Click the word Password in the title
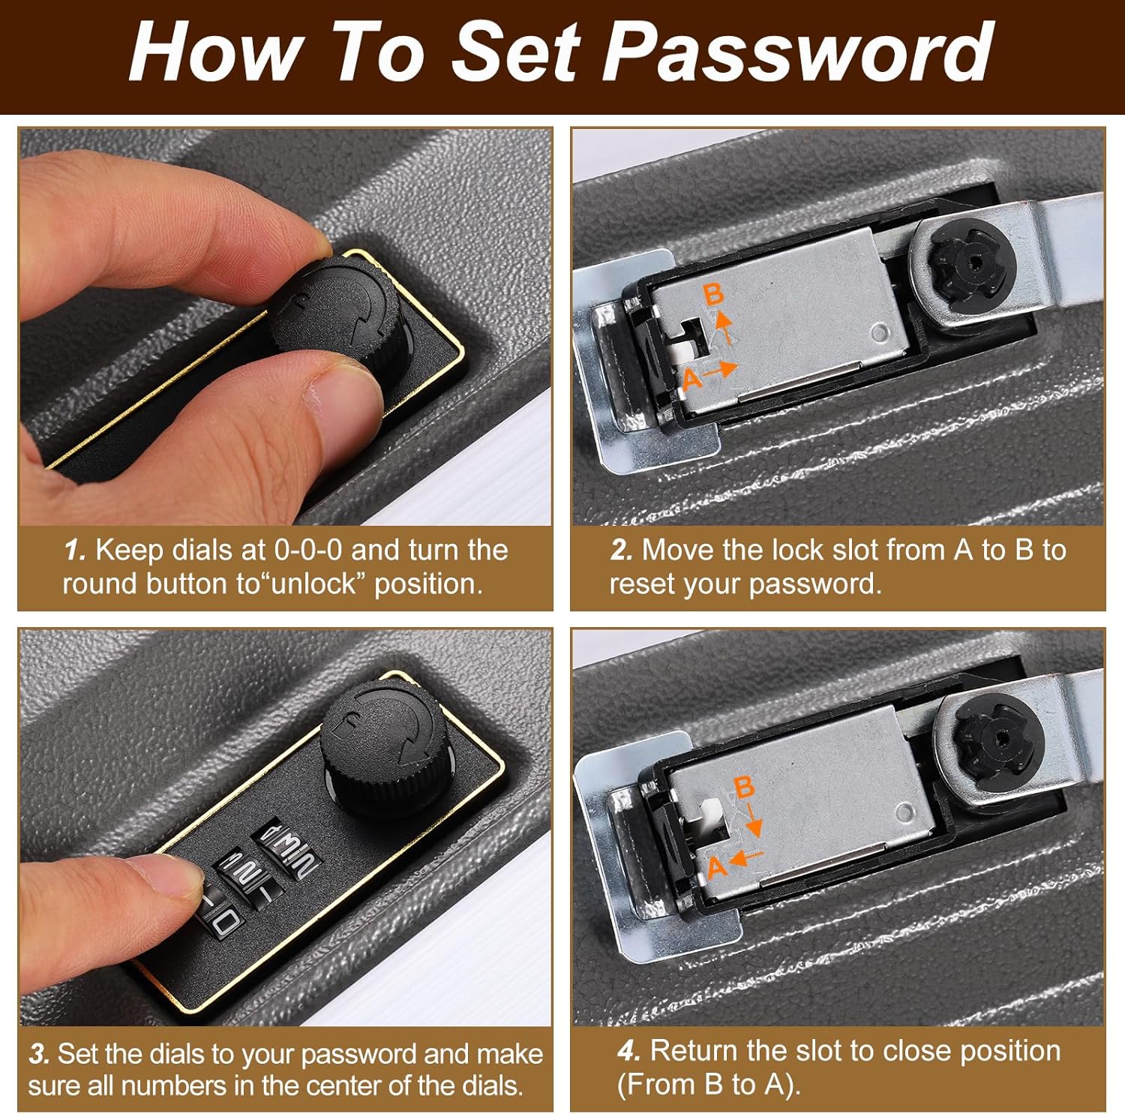point(799,52)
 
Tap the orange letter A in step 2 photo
point(692,379)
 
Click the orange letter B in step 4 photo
point(743,787)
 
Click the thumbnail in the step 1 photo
point(341,387)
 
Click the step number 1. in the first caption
point(76,551)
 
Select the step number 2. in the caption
point(622,551)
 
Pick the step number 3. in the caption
point(40,1053)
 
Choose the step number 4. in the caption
point(629,1050)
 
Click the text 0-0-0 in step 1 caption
point(307,551)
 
